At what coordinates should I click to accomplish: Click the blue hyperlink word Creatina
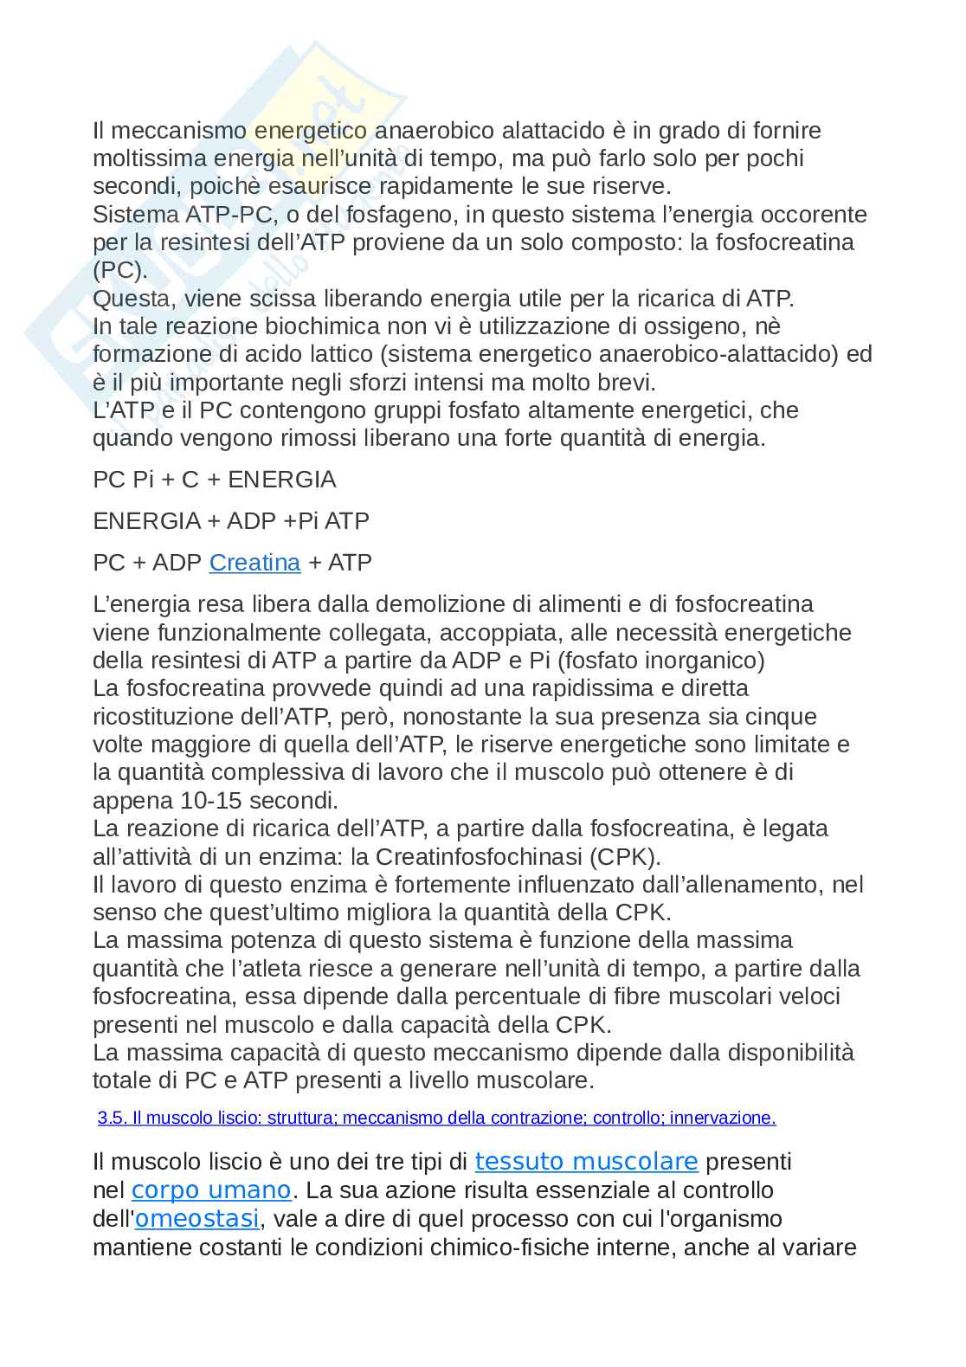coord(254,563)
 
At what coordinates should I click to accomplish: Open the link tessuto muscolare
coord(586,1161)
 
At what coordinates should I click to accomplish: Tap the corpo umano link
coord(210,1190)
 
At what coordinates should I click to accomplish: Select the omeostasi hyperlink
coord(197,1219)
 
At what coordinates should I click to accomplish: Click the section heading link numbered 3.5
coord(436,1118)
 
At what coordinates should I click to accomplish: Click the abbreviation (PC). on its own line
coord(120,269)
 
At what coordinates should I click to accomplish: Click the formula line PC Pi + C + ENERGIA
coord(214,480)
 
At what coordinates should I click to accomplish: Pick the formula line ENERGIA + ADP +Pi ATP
coord(230,521)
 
